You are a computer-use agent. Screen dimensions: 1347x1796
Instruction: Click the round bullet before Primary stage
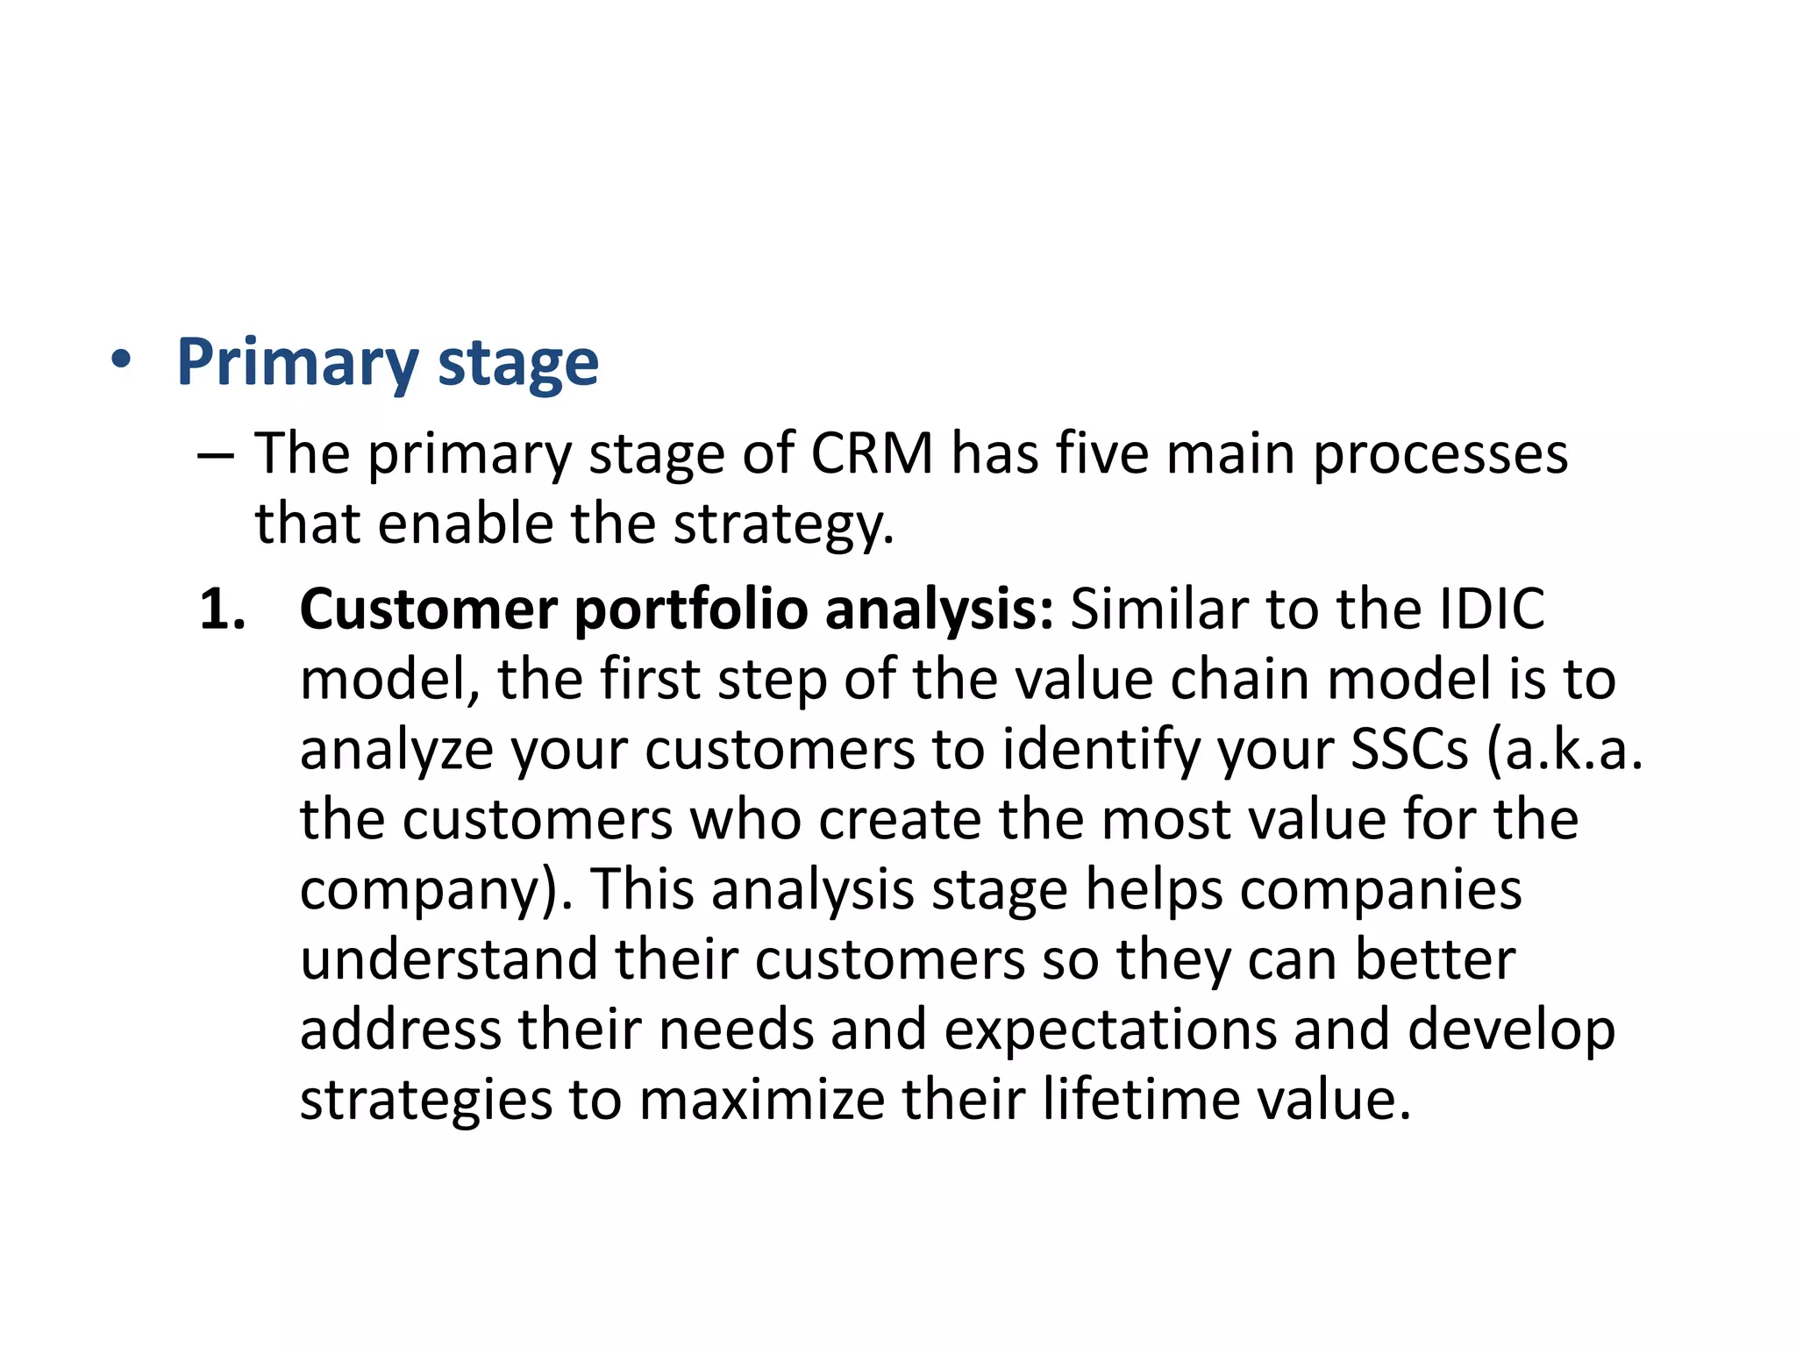[122, 360]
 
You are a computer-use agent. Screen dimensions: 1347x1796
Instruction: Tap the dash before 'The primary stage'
[216, 457]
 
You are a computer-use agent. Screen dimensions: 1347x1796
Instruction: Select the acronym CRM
[872, 454]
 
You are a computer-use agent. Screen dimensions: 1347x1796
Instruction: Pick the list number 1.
[221, 609]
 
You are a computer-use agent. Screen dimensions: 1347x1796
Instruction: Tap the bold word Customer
[428, 609]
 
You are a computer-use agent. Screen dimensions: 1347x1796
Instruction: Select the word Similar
[1159, 609]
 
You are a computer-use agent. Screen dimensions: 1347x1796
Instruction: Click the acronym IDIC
[1492, 609]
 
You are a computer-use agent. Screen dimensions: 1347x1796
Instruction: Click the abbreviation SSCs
[1408, 750]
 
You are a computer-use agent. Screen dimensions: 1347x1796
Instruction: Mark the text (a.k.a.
[1564, 751]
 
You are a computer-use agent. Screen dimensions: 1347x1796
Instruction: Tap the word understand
[448, 959]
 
